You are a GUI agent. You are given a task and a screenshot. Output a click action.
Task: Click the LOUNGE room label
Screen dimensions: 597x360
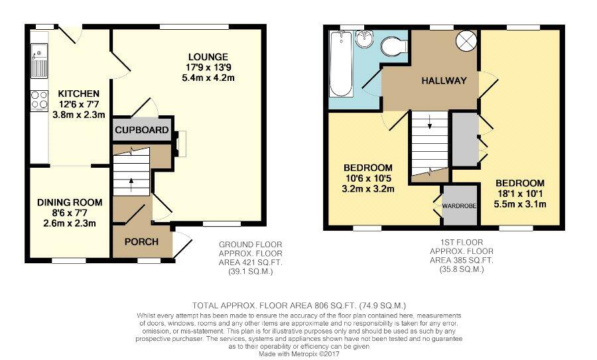pos(208,57)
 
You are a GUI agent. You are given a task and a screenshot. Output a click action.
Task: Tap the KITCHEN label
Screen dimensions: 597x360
pos(78,93)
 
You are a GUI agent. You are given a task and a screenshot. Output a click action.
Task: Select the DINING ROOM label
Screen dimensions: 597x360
pos(70,202)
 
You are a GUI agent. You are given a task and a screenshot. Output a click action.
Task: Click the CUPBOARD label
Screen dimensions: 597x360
pos(142,130)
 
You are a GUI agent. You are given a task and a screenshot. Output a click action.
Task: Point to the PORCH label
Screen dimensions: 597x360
pos(141,242)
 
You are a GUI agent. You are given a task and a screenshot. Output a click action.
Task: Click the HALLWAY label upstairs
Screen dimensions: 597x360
pos(444,81)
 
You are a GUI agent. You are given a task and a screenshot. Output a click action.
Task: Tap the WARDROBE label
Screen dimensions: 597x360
pos(459,206)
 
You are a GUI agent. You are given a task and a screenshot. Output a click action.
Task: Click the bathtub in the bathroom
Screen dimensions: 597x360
pos(341,63)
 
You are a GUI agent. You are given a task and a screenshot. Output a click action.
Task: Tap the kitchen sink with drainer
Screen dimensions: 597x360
pos(40,60)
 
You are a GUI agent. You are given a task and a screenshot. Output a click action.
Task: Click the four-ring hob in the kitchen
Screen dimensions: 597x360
pos(40,99)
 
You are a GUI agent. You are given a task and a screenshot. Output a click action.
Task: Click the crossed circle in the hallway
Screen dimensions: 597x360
pos(467,40)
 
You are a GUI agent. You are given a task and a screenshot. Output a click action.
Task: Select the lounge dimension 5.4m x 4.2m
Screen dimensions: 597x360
pos(208,78)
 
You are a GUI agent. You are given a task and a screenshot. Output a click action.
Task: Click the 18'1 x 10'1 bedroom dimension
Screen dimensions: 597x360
pos(520,194)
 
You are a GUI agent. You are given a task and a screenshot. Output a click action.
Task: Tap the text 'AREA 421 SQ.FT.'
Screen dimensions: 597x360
pos(251,263)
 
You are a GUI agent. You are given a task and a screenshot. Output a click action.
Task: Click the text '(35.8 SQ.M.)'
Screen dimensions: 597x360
pos(462,269)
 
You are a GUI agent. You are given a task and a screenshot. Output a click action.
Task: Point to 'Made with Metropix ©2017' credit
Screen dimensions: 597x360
pos(298,354)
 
